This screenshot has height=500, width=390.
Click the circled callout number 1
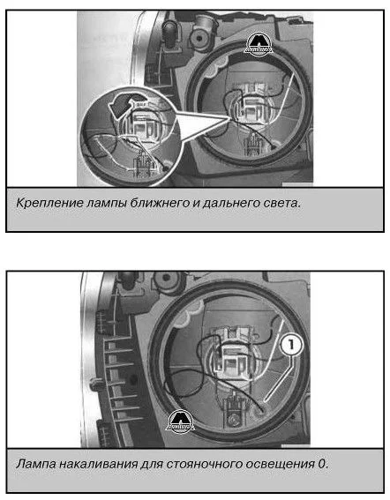[x=291, y=346]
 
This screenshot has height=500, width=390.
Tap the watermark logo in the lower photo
[x=180, y=422]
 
